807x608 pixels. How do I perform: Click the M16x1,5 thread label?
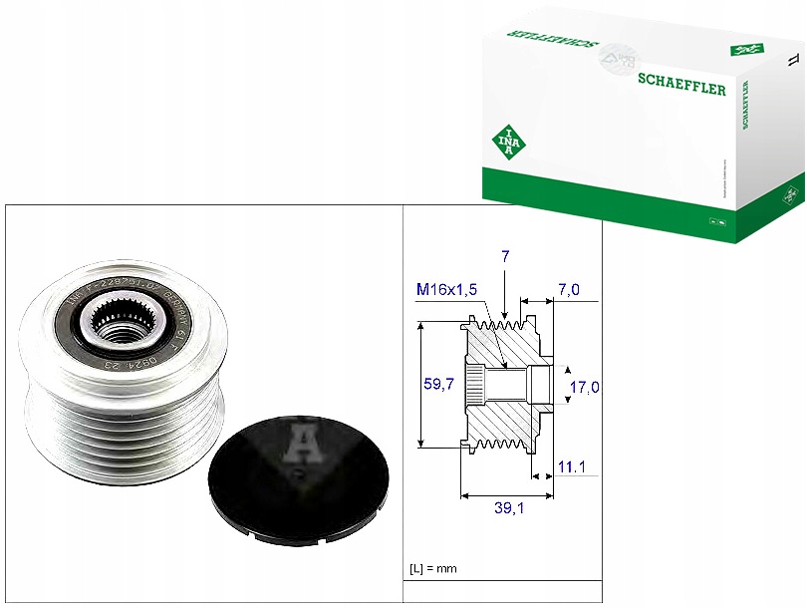click(x=446, y=289)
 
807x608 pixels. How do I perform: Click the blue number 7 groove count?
click(x=505, y=256)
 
